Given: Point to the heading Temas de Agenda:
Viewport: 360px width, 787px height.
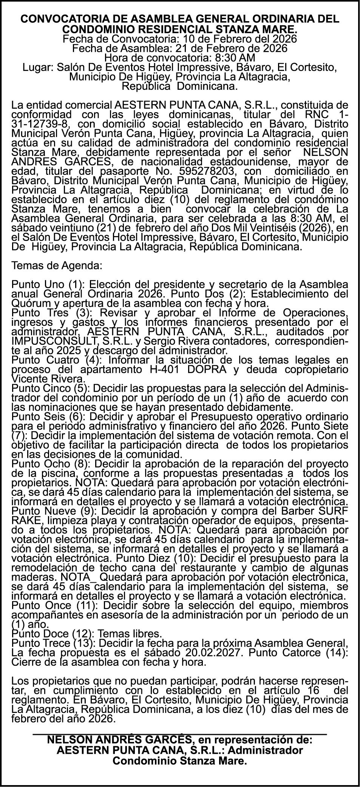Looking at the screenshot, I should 57,265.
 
